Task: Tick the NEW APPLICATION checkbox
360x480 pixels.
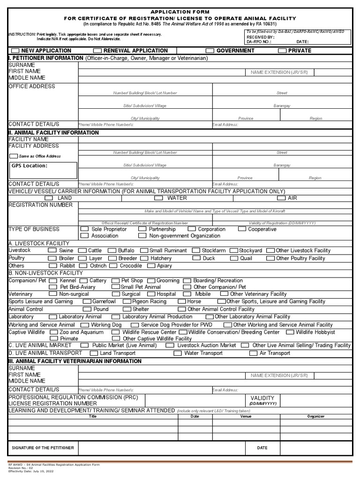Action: tap(15, 51)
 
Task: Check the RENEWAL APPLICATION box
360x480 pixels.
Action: tap(97, 51)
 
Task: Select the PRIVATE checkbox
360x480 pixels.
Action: tap(282, 51)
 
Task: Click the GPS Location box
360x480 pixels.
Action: tap(43, 170)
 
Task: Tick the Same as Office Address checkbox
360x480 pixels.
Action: tap(14, 156)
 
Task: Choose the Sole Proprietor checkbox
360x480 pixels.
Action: tap(84, 229)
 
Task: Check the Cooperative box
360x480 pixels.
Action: tap(242, 229)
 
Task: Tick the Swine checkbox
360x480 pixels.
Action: tap(52, 251)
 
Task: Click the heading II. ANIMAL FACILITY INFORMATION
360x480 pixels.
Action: tap(54, 133)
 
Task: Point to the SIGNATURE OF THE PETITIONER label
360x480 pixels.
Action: tap(43, 448)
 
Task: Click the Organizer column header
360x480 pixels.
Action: tap(315, 416)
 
